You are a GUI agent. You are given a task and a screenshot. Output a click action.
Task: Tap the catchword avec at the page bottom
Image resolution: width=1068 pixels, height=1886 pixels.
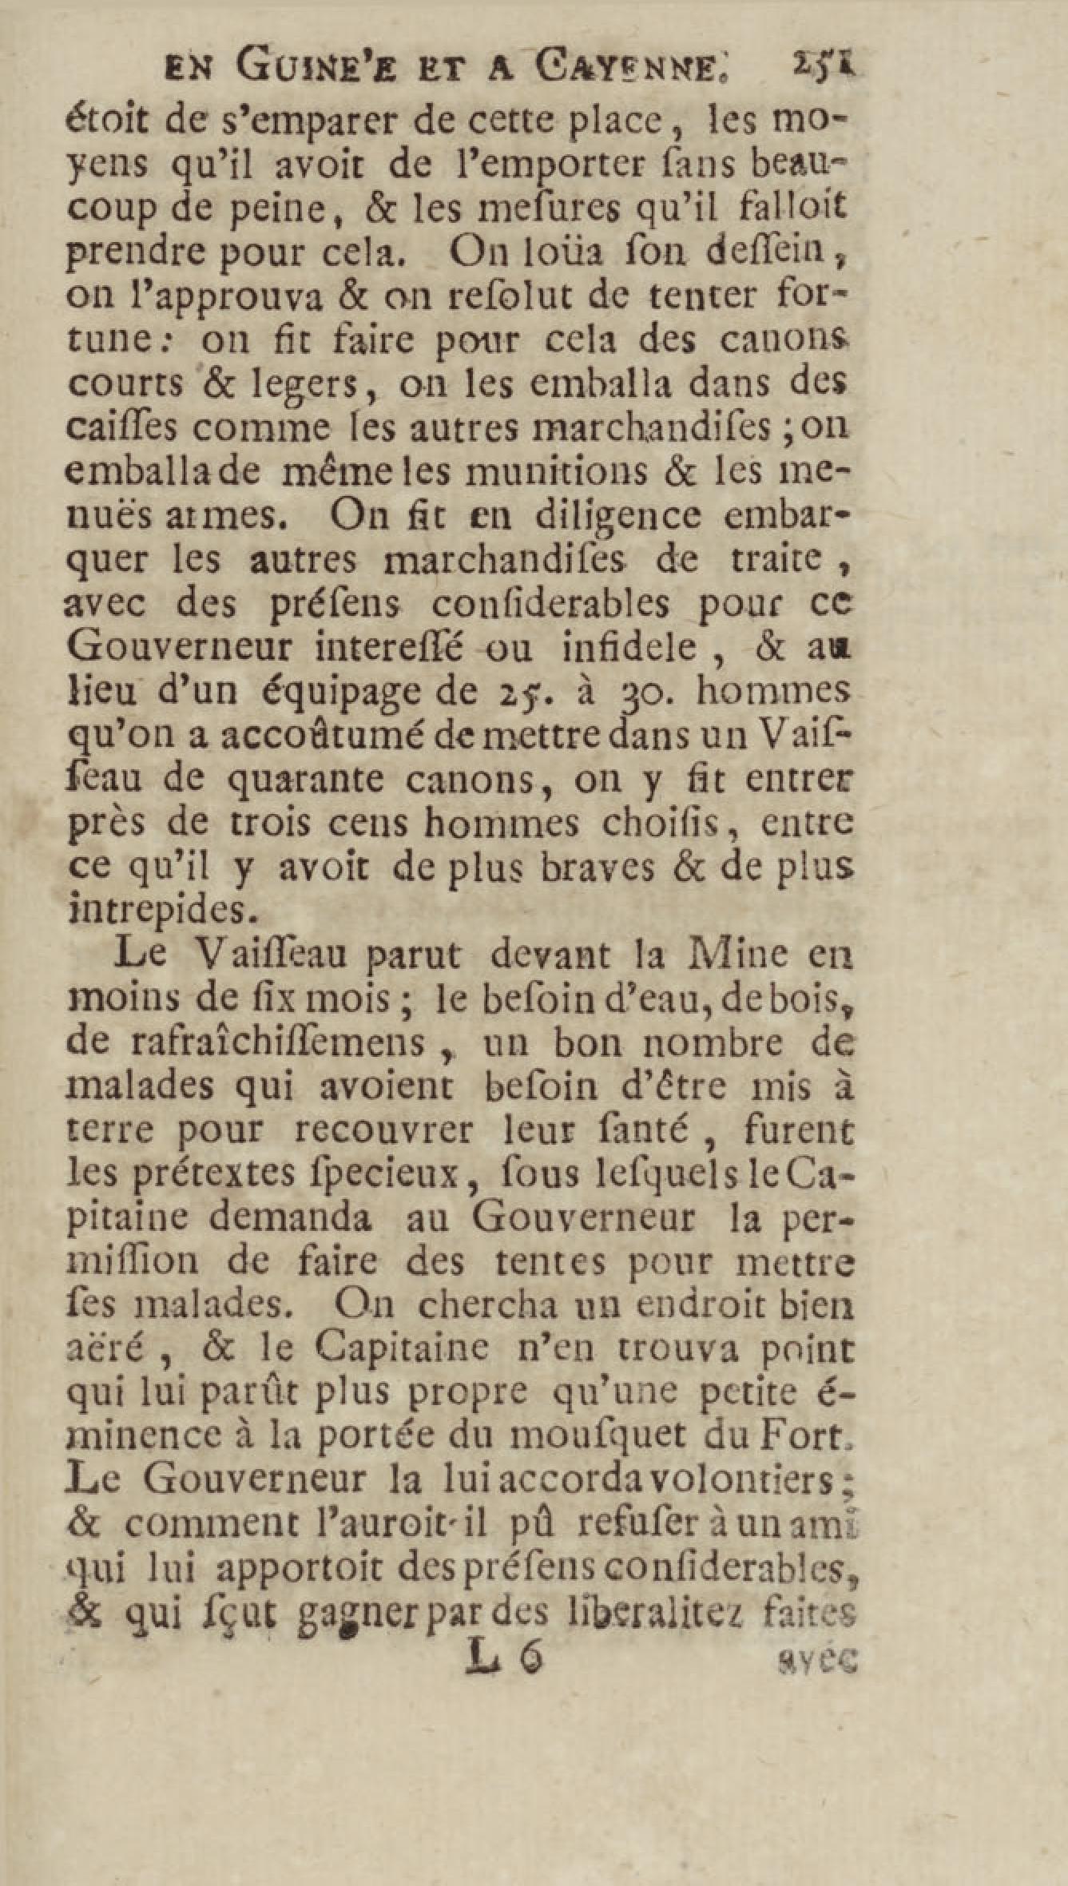(x=816, y=1662)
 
